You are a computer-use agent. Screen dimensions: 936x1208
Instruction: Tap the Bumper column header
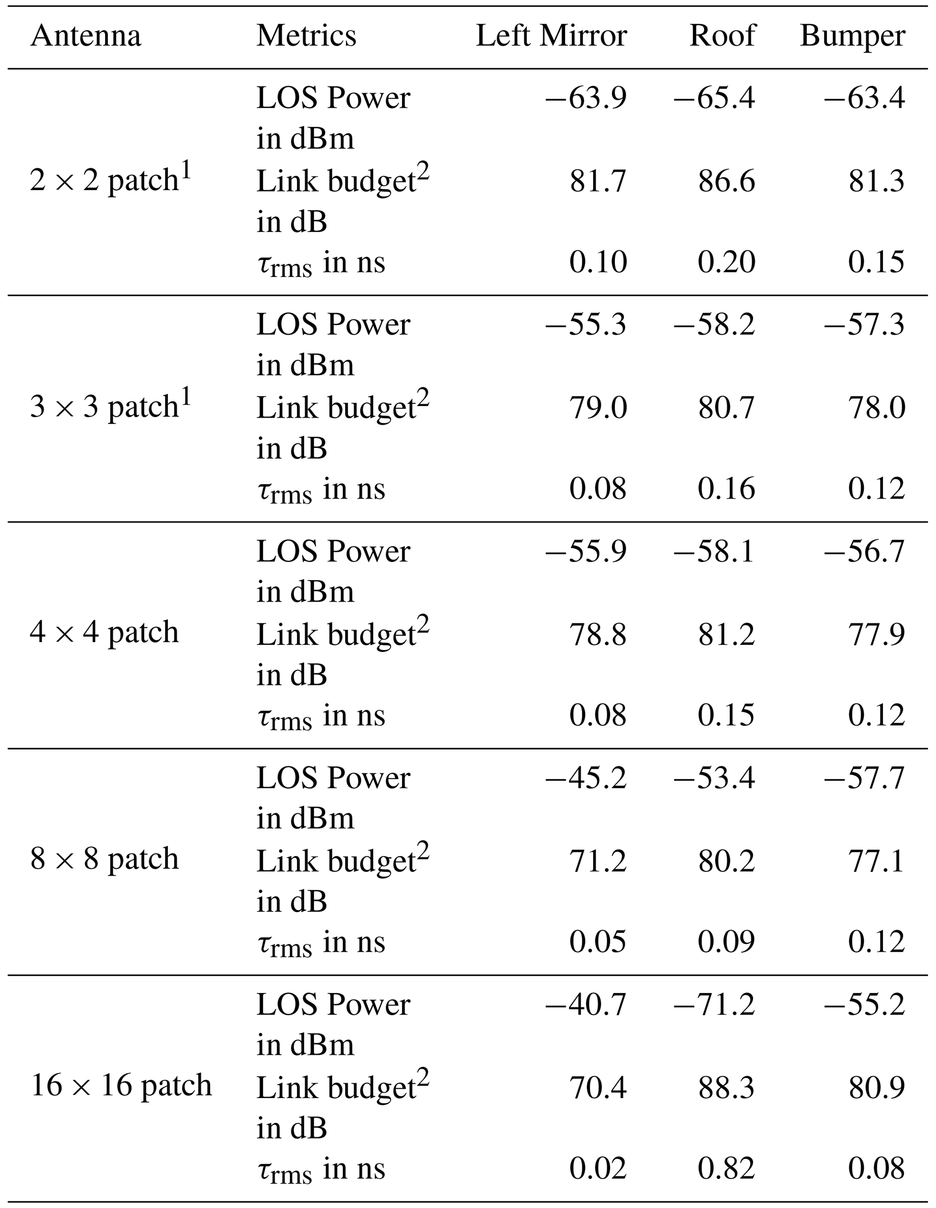coord(853,37)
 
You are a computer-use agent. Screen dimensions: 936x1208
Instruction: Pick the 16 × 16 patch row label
coord(121,1085)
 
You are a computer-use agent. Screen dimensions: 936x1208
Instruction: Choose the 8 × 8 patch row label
coord(105,858)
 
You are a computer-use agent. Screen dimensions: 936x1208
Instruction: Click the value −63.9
coord(586,98)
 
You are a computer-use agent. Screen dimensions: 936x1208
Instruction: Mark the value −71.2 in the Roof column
coord(714,1004)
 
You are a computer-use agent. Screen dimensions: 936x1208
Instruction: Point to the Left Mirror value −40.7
coord(586,1004)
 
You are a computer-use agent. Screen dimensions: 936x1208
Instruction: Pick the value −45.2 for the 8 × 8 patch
coord(586,778)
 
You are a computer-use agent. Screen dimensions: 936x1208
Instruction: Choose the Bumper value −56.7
coord(864,551)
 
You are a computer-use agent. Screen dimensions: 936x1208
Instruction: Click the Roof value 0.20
coord(726,262)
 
